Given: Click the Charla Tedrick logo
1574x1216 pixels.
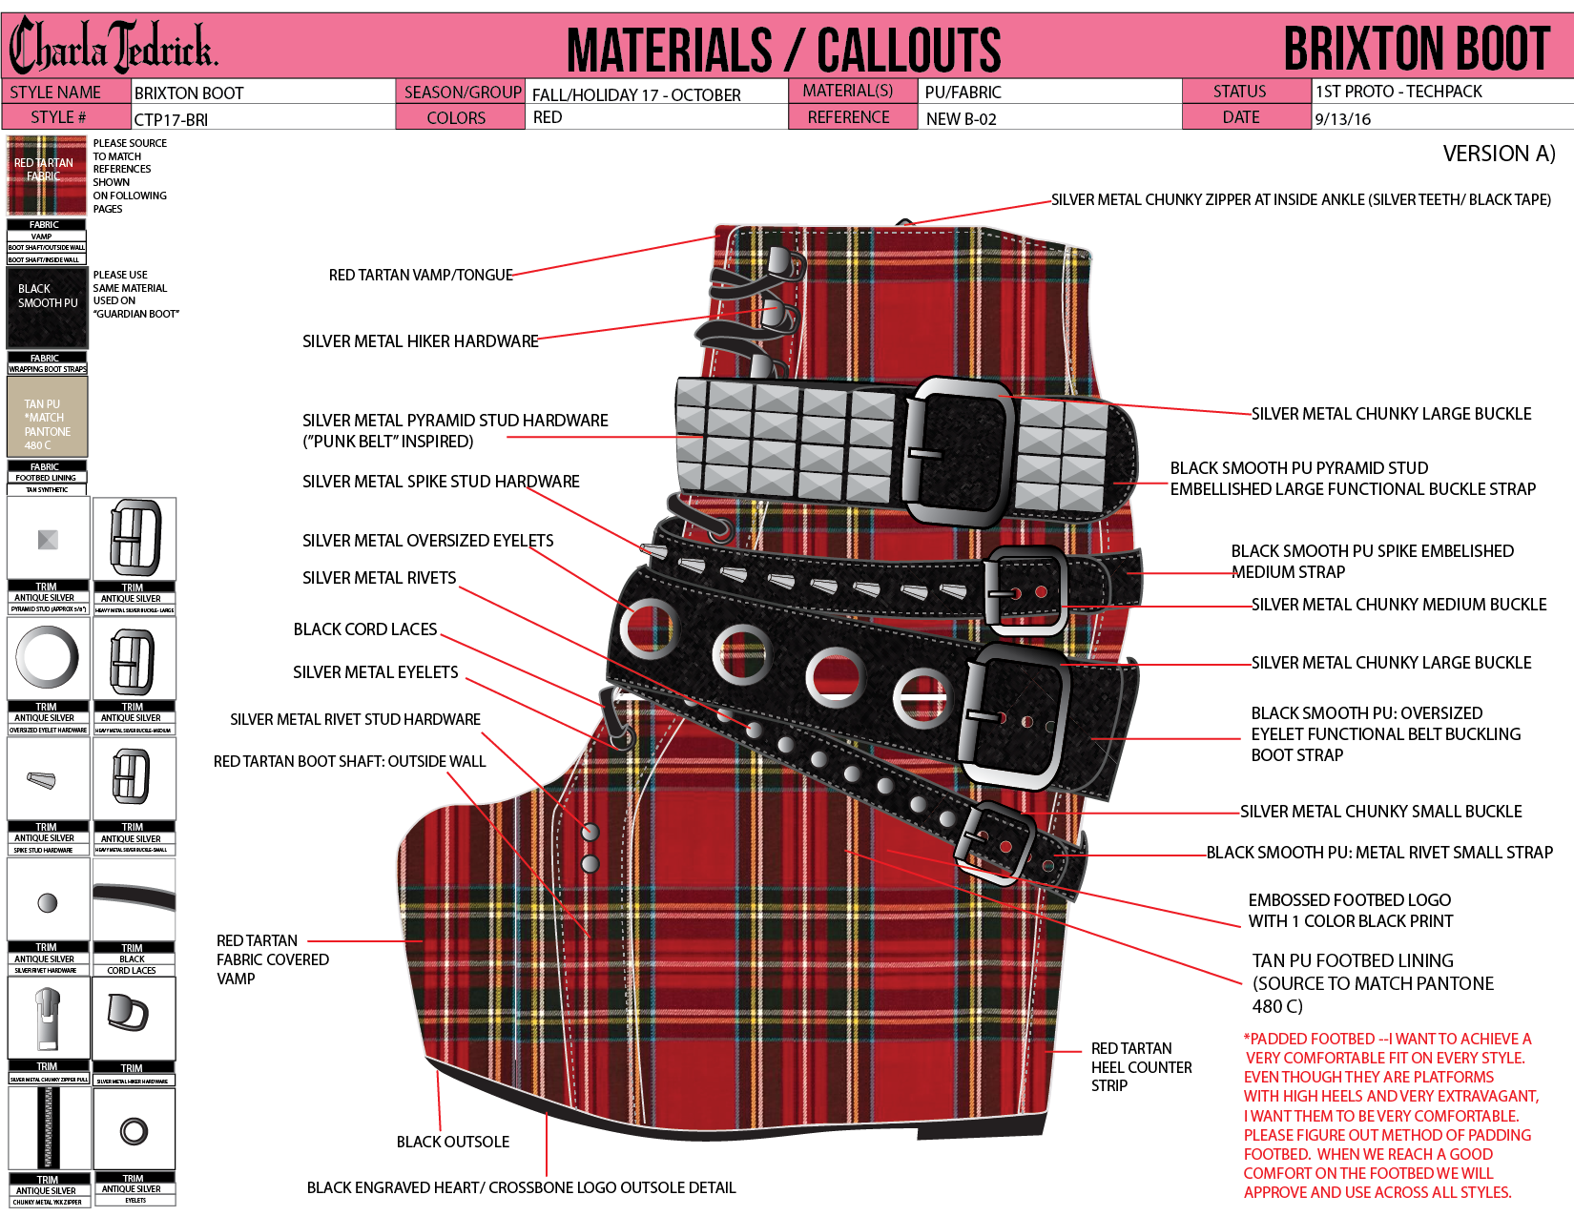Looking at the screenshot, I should tap(113, 46).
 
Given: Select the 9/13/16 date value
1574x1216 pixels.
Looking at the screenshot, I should tap(1342, 119).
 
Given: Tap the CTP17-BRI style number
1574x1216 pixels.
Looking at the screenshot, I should tap(171, 119).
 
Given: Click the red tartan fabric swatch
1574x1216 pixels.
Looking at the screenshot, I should tap(46, 175).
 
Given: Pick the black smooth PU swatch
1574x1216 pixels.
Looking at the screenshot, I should tap(47, 307).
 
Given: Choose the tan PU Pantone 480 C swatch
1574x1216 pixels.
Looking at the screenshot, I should tap(47, 416).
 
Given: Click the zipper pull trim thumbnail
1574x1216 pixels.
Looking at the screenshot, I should tap(48, 1018).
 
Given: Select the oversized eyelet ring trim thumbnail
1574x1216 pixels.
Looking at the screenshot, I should tap(48, 657).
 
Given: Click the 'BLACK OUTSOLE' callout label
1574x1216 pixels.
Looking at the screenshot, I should tap(452, 1142).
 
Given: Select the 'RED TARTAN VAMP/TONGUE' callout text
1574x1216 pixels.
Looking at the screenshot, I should tap(421, 275).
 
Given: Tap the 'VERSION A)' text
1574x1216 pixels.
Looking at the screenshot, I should tap(1499, 154).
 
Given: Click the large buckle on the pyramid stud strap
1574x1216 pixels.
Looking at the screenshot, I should tap(959, 450).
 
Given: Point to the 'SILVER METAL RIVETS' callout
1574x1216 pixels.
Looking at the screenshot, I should tap(379, 578).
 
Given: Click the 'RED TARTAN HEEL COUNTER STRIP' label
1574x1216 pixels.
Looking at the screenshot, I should tap(1141, 1066).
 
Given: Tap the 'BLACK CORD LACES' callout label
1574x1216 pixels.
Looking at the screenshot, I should tap(365, 629).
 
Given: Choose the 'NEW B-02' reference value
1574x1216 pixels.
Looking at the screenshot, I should tap(961, 119).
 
